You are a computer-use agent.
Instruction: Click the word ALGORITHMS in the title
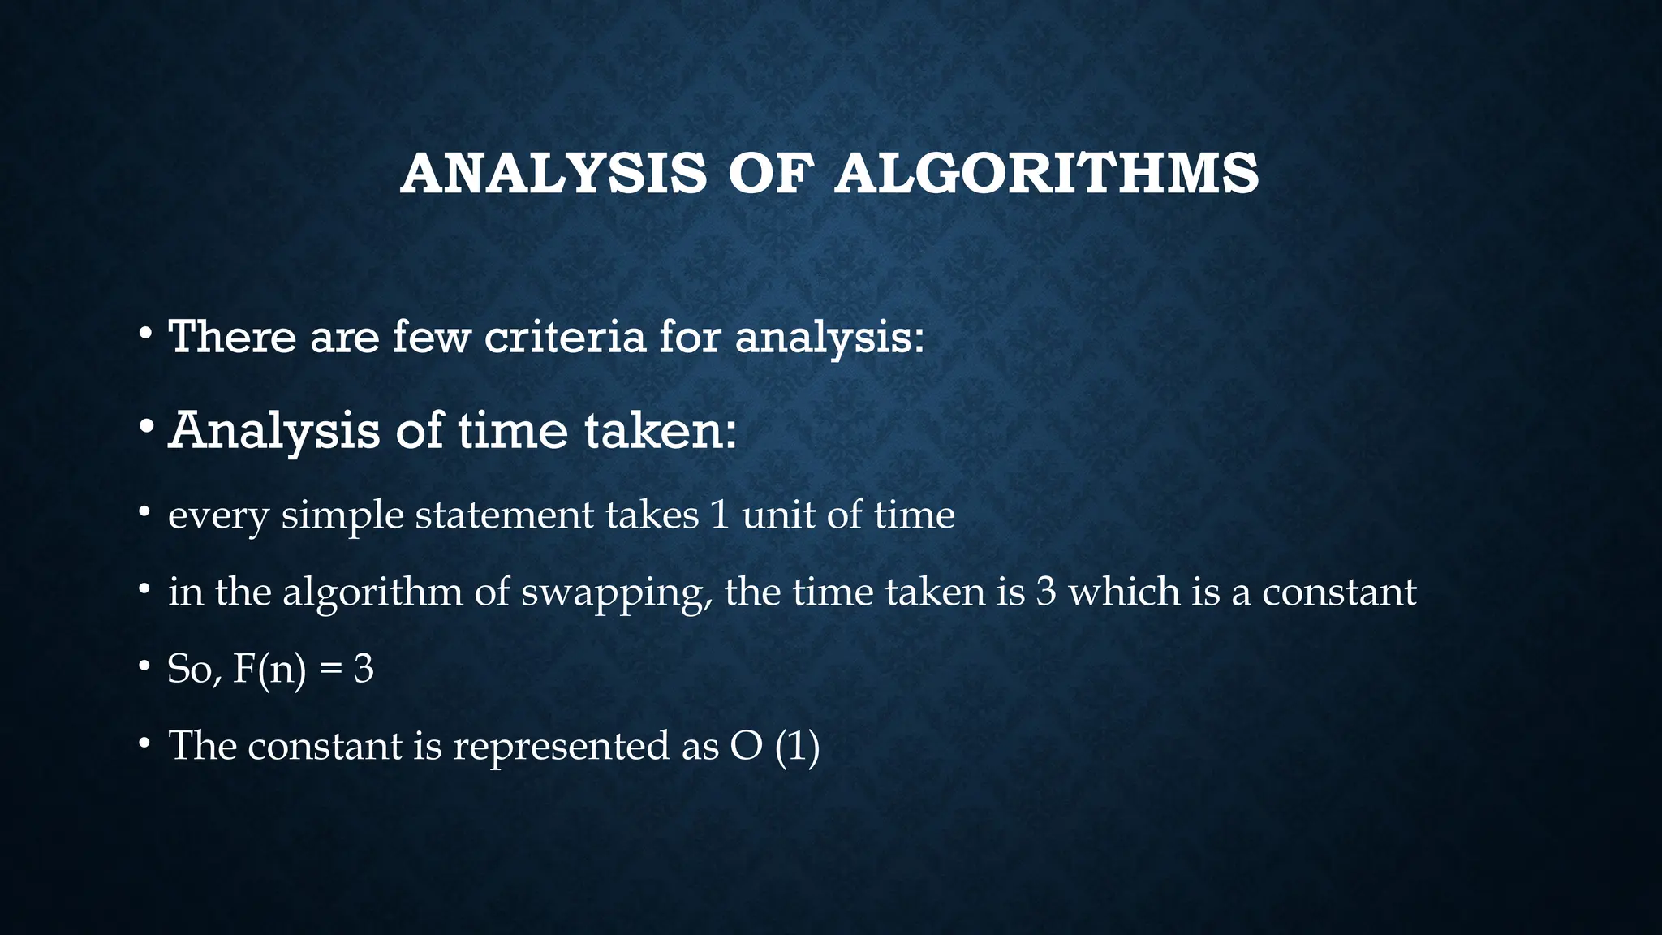[x=1047, y=174]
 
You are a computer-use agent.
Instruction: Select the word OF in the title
[x=770, y=174]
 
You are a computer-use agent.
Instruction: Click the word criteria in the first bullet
[x=565, y=336]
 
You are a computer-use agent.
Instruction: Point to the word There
[x=232, y=336]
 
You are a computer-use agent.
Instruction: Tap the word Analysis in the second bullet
[x=273, y=430]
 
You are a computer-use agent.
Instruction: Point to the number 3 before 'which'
[x=1046, y=592]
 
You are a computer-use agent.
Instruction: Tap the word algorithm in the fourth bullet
[x=372, y=593]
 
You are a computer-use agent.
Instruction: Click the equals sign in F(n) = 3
[x=329, y=670]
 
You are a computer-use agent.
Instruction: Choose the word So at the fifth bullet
[x=192, y=670]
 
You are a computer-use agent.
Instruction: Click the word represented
[x=561, y=747]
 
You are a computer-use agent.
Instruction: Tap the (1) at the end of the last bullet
[x=797, y=747]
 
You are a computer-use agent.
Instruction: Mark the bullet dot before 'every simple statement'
[x=144, y=513]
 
